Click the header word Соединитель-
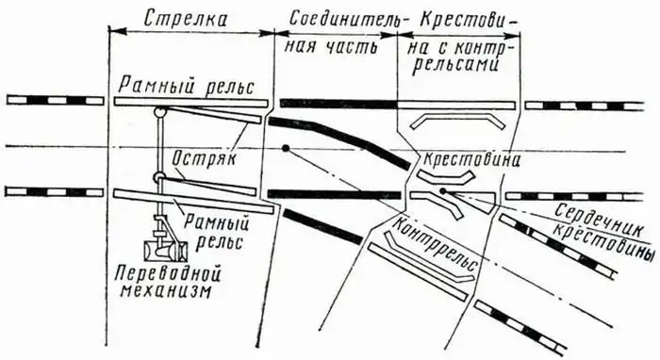point(336,18)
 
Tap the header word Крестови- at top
point(461,18)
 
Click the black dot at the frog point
point(442,192)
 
